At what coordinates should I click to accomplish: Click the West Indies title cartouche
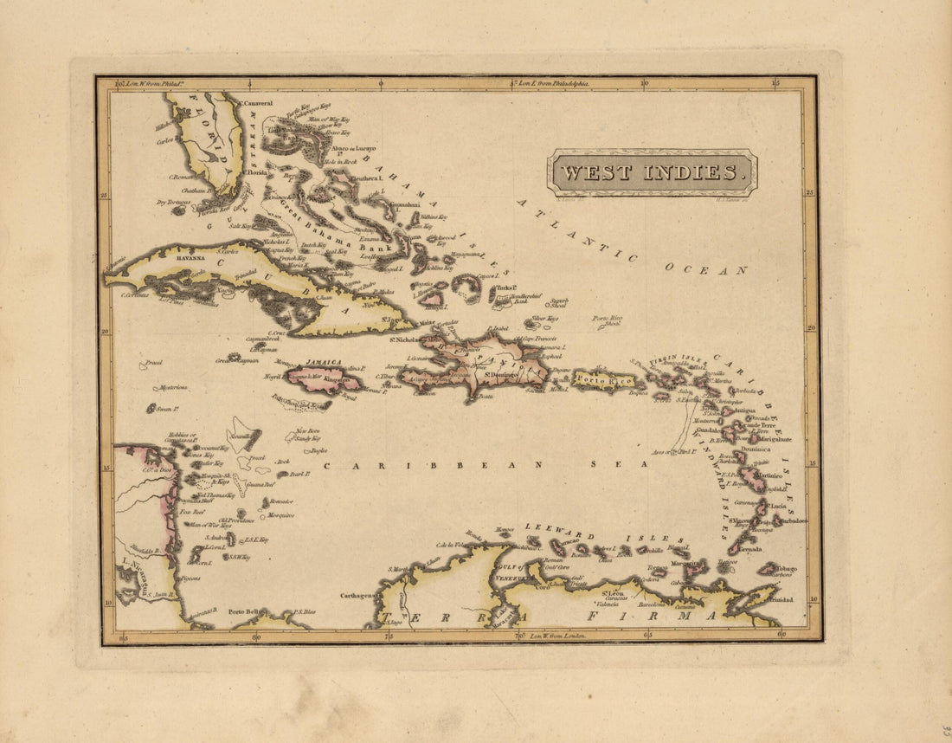tap(652, 172)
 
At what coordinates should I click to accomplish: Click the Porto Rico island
tap(603, 379)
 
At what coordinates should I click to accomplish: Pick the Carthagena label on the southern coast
tap(355, 595)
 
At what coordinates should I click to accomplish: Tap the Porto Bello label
tap(245, 611)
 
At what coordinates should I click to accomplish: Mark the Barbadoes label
tap(792, 520)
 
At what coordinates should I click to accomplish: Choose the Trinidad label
tap(781, 599)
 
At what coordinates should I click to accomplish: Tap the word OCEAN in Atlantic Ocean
tap(704, 269)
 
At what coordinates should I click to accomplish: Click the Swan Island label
tap(165, 407)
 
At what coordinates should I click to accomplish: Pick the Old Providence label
tap(235, 520)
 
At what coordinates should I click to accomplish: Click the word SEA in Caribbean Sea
tap(607, 465)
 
